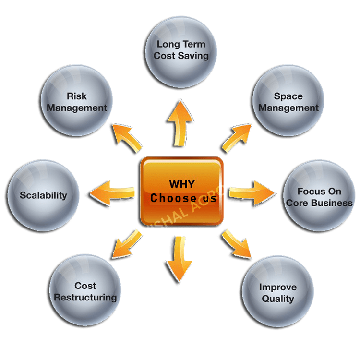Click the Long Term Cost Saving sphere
click(x=182, y=50)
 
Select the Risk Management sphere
click(x=77, y=102)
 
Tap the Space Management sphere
click(x=288, y=102)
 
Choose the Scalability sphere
click(x=43, y=195)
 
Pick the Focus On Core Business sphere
click(x=319, y=197)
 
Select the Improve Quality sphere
click(x=278, y=292)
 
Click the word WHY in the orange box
click(x=181, y=184)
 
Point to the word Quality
click(x=278, y=299)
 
